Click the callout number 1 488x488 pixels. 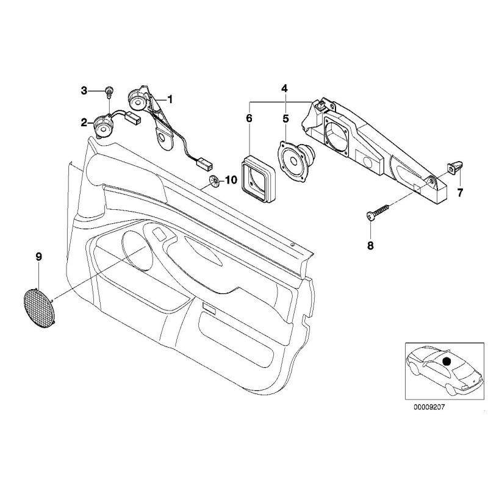pos(170,98)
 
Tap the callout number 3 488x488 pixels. pos(84,91)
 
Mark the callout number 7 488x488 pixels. pos(461,193)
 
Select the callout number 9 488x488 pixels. pos(38,257)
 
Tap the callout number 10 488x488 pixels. pos(230,180)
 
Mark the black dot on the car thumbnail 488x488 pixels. pos(447,362)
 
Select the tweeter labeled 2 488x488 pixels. pos(102,126)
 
